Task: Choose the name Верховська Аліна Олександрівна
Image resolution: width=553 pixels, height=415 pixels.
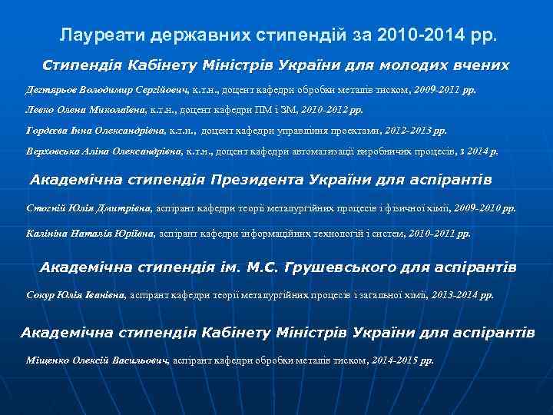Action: [104, 151]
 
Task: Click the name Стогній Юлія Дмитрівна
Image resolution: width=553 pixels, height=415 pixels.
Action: [90, 207]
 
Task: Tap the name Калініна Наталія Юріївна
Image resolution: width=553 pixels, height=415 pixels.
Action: [90, 231]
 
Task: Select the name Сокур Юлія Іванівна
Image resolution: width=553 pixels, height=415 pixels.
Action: [77, 294]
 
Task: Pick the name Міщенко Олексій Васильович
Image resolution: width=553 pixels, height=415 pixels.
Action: [98, 360]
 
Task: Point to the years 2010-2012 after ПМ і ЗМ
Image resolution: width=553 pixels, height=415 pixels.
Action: [334, 110]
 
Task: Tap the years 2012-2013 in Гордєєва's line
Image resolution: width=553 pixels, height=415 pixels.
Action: [416, 131]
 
